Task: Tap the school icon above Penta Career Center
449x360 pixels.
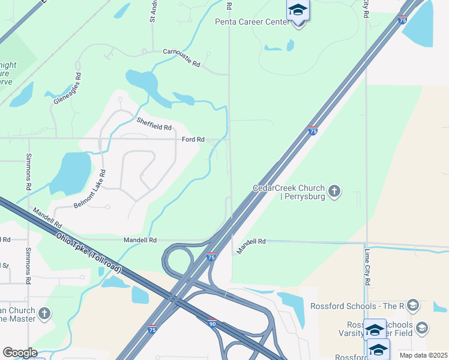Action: [x=298, y=10]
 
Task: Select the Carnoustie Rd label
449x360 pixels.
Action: [x=181, y=58]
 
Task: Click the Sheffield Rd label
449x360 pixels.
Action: [x=154, y=124]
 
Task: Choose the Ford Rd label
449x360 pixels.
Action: [x=193, y=140]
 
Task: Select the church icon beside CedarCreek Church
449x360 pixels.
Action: [x=335, y=191]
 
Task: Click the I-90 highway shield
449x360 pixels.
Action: [x=212, y=323]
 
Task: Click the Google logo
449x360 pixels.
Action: [x=19, y=353]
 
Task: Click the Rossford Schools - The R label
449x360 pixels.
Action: [x=357, y=306]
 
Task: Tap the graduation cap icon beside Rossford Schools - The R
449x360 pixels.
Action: [x=412, y=305]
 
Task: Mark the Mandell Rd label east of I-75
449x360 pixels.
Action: [x=251, y=245]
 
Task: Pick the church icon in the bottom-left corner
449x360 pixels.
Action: [x=44, y=314]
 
